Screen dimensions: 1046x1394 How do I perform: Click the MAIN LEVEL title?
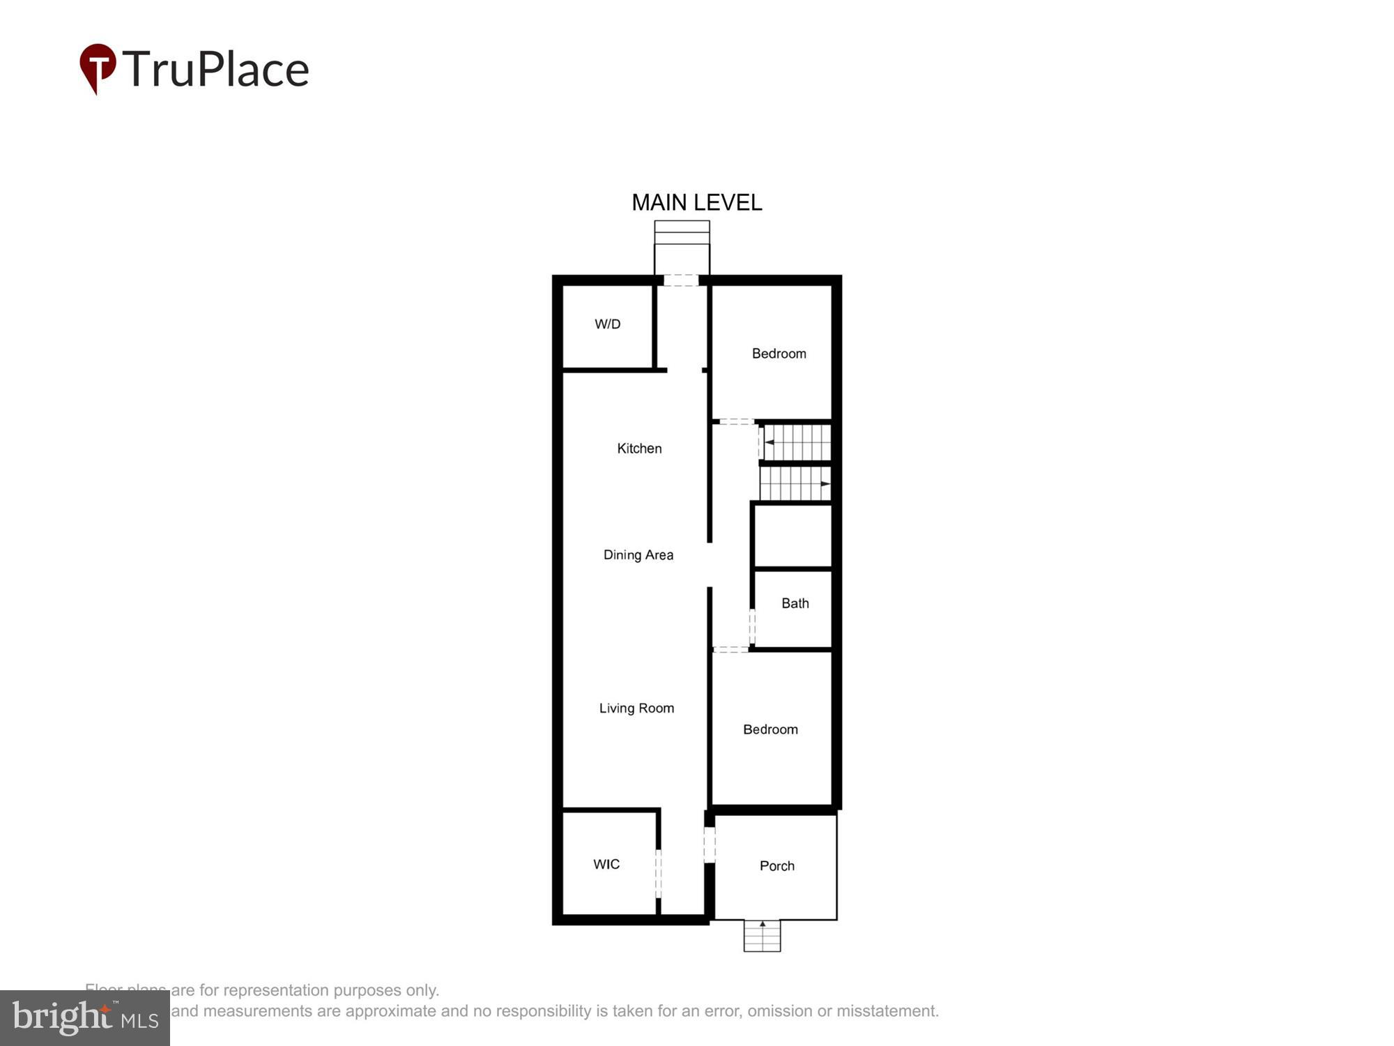tap(696, 203)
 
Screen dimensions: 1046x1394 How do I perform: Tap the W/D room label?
tap(607, 324)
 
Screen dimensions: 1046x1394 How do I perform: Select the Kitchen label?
tap(639, 448)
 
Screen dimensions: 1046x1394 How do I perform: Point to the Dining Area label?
tap(638, 555)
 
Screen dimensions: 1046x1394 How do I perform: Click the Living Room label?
tap(636, 708)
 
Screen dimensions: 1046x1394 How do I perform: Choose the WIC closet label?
tap(606, 865)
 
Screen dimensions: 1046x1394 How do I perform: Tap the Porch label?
tap(776, 866)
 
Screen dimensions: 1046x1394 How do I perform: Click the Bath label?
tap(795, 604)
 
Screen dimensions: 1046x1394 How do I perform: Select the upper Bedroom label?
tap(779, 354)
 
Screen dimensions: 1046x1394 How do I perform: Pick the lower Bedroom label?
tap(770, 729)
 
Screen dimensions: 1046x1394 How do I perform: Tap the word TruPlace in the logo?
tap(216, 70)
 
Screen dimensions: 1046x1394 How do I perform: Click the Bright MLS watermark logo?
tap(85, 1018)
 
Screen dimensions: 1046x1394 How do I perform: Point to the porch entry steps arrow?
tap(763, 925)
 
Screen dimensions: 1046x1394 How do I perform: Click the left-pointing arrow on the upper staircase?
tap(769, 442)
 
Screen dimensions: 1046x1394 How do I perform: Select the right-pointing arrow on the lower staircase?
tap(825, 483)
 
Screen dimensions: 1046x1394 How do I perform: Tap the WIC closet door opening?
tap(658, 873)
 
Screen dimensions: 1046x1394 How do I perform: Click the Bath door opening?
tap(751, 626)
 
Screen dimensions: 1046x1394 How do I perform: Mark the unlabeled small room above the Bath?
tap(792, 536)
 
